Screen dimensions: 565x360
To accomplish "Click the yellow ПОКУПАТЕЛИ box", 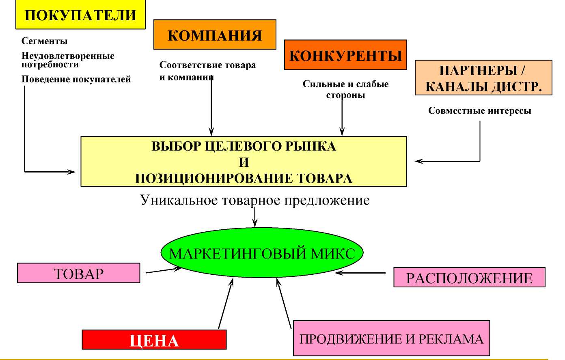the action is click(80, 14).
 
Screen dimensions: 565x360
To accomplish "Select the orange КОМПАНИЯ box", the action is click(215, 34).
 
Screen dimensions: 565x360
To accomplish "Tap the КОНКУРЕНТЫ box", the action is click(345, 55).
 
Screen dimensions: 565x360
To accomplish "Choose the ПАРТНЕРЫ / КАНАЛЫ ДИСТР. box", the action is click(483, 78).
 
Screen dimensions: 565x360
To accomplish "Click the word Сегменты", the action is click(44, 41).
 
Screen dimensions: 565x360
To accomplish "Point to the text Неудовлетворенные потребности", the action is click(68, 60).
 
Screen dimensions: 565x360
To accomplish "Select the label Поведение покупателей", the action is click(76, 79).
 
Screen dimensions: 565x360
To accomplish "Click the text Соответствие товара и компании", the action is click(207, 71).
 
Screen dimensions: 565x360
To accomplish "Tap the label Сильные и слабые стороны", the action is click(345, 89).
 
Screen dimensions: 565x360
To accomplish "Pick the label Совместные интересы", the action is click(480, 110).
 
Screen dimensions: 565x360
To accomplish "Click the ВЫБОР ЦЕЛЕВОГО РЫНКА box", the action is click(244, 162).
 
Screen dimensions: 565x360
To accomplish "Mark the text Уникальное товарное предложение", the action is click(255, 200).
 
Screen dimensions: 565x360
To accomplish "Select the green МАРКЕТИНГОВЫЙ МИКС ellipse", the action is click(262, 253).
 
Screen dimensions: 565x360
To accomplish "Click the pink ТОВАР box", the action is click(79, 273).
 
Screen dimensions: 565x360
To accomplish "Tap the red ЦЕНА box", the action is click(154, 340).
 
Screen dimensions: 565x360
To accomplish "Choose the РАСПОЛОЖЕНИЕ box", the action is click(469, 277).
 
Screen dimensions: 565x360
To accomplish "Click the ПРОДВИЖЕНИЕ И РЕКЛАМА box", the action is click(391, 338).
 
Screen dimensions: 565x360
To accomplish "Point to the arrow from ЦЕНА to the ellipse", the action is click(226, 304).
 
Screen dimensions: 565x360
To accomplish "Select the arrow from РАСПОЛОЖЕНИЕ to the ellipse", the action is click(360, 273).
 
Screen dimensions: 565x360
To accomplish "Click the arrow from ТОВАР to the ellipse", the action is click(164, 270).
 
